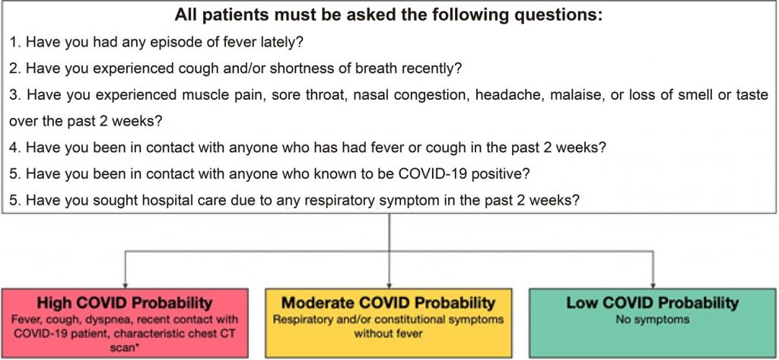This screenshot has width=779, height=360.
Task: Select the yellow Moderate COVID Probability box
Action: point(389,323)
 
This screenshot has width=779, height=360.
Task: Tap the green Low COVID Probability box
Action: point(652,323)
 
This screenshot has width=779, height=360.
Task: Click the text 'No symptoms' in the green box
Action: point(653,319)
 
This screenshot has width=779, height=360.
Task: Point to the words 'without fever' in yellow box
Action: point(388,333)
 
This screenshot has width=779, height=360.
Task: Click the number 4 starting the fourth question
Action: point(14,148)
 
